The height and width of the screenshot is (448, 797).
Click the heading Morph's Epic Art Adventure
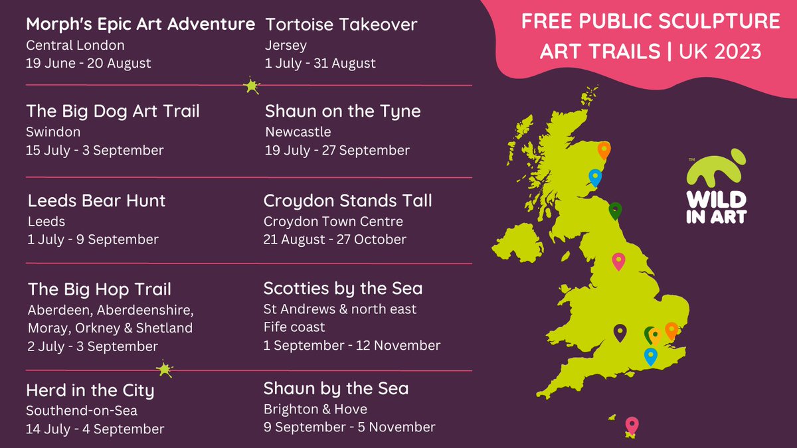click(x=140, y=25)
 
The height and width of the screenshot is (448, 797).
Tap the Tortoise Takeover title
click(x=341, y=25)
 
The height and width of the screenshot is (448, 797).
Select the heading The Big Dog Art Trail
click(x=113, y=111)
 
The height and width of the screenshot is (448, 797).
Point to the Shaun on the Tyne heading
click(x=343, y=111)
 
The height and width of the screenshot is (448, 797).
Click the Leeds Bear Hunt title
click(x=97, y=200)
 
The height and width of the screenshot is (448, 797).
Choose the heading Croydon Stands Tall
click(x=347, y=200)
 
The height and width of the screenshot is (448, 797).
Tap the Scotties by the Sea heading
click(x=343, y=288)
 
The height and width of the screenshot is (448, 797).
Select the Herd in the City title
click(x=90, y=390)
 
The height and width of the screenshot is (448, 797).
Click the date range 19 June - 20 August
click(x=88, y=64)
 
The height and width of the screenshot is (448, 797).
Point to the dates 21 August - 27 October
click(x=335, y=239)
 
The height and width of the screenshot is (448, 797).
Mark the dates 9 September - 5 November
click(x=349, y=427)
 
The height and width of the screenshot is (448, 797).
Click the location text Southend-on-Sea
click(x=82, y=411)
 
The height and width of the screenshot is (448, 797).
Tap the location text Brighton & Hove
click(x=315, y=409)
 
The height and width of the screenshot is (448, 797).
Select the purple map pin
click(x=620, y=332)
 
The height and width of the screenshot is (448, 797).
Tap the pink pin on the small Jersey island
click(x=632, y=424)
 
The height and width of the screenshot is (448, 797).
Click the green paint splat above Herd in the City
click(x=163, y=369)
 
